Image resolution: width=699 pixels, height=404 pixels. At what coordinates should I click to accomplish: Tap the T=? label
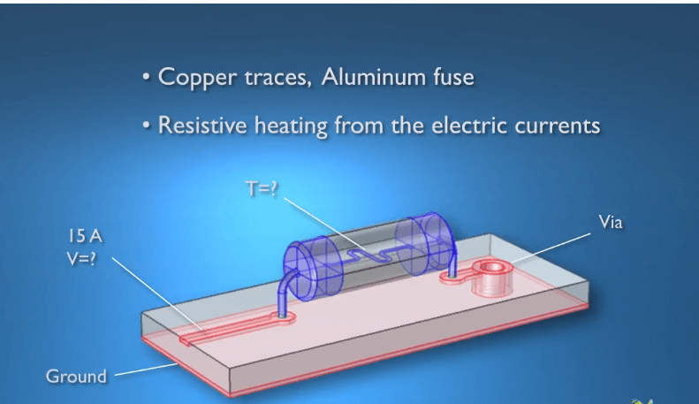pos(262,188)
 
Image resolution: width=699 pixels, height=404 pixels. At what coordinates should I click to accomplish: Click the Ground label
pos(76,376)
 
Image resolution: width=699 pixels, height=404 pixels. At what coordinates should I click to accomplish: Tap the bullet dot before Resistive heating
pos(146,126)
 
